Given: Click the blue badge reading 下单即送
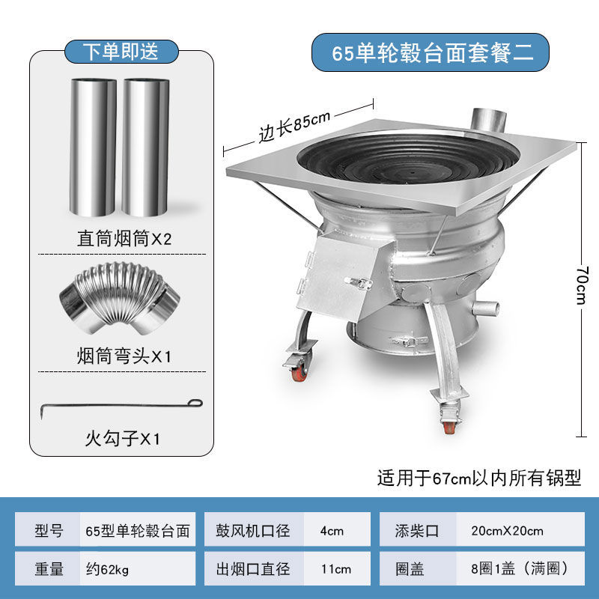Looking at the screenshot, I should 121,52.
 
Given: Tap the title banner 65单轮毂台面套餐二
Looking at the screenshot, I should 432,53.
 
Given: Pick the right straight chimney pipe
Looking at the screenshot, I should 145,147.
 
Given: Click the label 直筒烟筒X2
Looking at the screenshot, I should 124,240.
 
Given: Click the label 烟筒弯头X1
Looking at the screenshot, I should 124,356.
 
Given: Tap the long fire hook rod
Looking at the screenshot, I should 120,406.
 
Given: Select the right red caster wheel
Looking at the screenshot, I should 449,426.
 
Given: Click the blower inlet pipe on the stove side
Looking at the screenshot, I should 487,308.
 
